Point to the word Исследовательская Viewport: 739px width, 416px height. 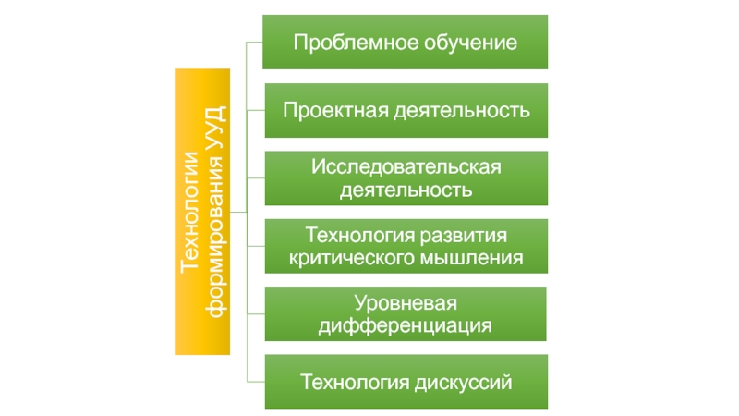click(x=406, y=167)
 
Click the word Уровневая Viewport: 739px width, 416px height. click(x=406, y=303)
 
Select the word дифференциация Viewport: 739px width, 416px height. click(x=406, y=325)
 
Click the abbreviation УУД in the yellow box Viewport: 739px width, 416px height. click(x=214, y=135)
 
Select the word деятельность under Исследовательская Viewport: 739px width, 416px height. click(x=406, y=190)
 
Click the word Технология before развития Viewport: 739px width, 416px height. click(x=359, y=235)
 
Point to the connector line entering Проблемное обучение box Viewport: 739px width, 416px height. click(x=255, y=42)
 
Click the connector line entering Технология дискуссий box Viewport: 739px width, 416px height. click(x=256, y=381)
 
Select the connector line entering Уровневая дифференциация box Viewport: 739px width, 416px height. click(x=256, y=313)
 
